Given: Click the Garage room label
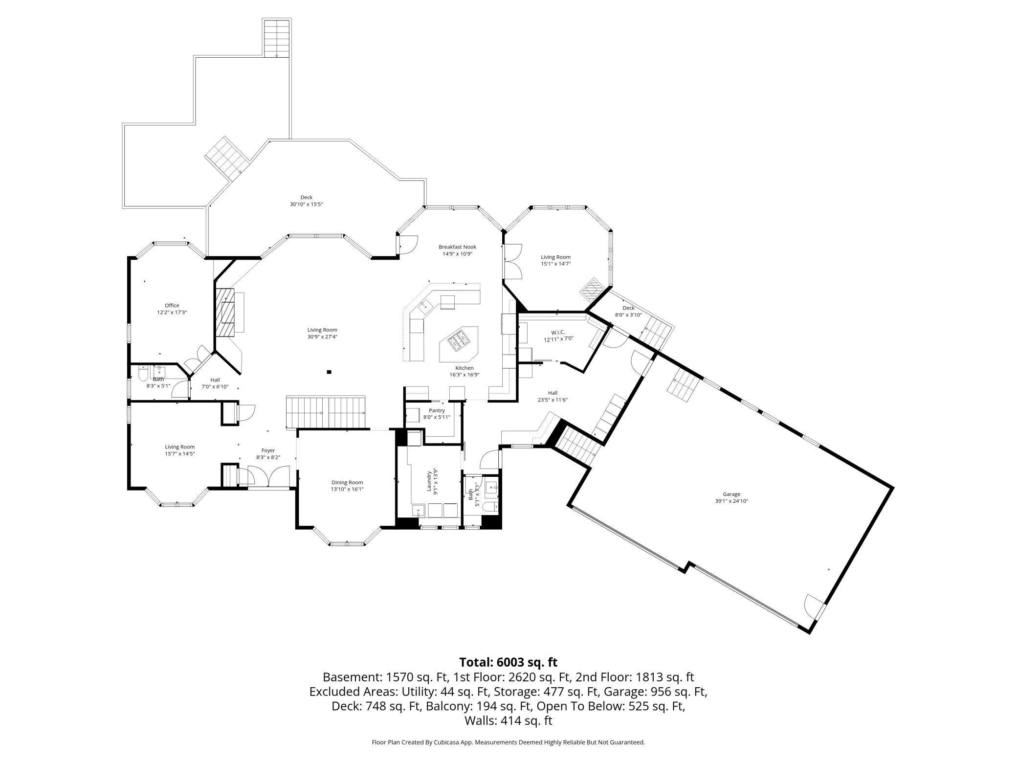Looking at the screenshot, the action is (731, 494).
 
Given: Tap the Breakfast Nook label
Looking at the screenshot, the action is (457, 247).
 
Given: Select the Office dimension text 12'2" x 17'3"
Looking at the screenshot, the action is (172, 312).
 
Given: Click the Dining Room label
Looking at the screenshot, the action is (347, 482).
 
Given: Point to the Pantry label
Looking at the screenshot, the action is (437, 410).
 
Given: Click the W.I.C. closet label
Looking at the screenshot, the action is (558, 332).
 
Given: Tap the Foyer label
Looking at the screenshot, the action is (268, 450).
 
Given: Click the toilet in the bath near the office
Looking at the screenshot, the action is (143, 374).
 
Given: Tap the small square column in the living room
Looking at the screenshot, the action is (330, 372).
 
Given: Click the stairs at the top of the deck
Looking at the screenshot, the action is (277, 39).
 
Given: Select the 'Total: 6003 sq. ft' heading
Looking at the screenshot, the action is (508, 662).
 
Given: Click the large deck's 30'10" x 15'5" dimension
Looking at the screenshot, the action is (306, 204).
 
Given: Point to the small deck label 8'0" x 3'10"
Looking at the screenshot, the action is (628, 315).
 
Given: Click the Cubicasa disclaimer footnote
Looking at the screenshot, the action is (508, 742).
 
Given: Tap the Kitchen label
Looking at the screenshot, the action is (464, 368).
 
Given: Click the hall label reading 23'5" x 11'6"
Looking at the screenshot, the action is (553, 400).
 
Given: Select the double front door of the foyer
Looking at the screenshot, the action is (268, 477).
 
